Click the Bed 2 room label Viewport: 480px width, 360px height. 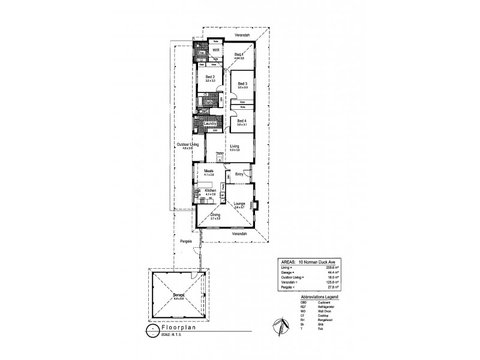[x=209, y=77]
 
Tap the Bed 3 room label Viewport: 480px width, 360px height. [x=242, y=83]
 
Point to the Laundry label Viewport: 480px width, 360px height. [x=209, y=124]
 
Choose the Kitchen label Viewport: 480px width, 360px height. [x=210, y=190]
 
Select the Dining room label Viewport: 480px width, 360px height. [x=215, y=214]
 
